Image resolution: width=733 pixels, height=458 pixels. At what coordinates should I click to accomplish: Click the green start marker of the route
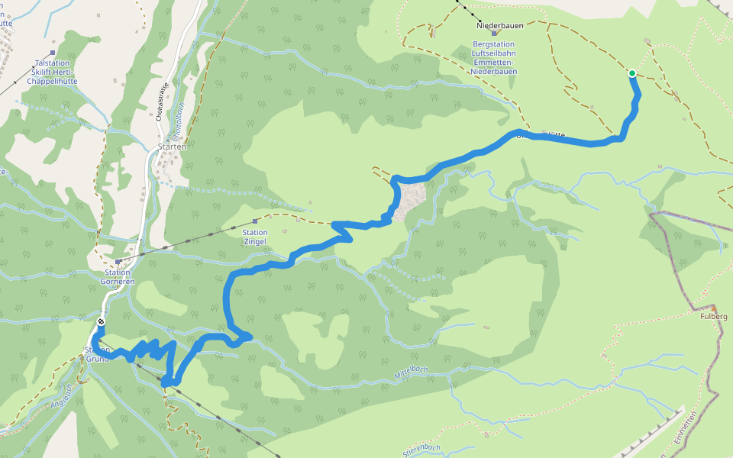632,73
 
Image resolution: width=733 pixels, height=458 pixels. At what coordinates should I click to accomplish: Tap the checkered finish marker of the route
101,322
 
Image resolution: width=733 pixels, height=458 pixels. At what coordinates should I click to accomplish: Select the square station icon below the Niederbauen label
494,34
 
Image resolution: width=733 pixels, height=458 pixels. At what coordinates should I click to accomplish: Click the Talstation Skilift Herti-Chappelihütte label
52,72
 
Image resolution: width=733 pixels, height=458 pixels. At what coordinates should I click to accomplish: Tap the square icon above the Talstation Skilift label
52,53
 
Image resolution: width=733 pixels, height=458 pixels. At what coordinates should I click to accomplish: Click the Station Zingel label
255,237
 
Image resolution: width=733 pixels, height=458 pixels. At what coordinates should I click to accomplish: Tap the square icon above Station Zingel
255,221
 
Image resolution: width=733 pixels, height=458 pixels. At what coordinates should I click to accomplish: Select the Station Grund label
98,354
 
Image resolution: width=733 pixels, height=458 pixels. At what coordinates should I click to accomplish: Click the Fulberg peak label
713,316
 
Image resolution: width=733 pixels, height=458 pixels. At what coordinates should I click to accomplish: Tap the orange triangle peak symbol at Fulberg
714,306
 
